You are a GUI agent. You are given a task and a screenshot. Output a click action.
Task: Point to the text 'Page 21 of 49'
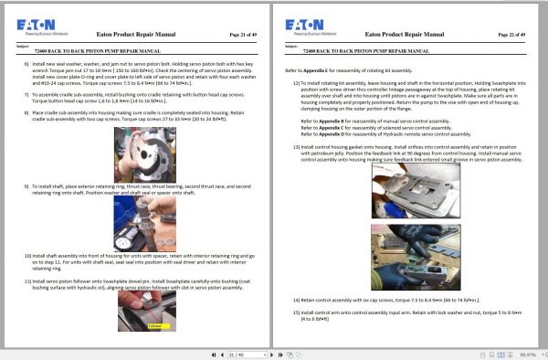[x=238, y=32]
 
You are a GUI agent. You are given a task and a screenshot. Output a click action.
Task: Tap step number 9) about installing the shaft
[x=26, y=186]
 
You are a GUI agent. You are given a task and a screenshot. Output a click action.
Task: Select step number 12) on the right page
[x=298, y=82]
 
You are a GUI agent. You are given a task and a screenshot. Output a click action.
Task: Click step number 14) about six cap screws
[x=298, y=300]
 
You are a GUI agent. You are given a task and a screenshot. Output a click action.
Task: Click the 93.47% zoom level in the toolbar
[x=527, y=355]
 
